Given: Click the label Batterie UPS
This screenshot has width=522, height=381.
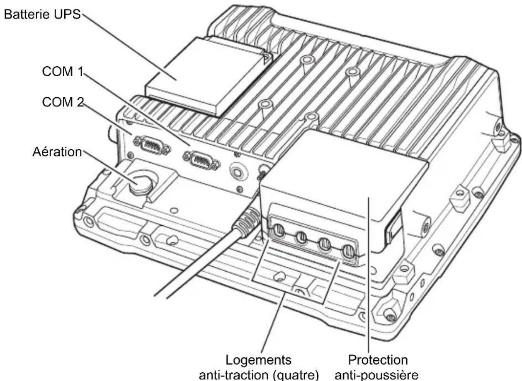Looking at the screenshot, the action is point(42,14).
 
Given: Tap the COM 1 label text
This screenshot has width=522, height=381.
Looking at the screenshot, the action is point(63,71).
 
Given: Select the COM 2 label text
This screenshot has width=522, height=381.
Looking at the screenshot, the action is point(63,102).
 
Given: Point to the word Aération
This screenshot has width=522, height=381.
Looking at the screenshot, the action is point(57,152).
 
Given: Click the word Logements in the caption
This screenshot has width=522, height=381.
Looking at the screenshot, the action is point(258,361).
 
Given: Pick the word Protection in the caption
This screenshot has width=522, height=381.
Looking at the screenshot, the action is point(378,360).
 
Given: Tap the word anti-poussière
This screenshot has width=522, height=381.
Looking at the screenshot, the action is point(376,375).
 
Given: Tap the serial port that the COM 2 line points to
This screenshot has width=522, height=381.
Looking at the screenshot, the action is point(152,145).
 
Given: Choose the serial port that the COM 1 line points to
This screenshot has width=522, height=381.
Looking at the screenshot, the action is point(202,161).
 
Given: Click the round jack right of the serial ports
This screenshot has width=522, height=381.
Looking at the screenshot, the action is point(237,172).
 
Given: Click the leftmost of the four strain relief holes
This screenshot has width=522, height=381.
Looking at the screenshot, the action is point(279,231).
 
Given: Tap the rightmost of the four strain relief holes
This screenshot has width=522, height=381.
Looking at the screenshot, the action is point(348,252).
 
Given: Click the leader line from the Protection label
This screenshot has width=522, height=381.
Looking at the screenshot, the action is point(369,275).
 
